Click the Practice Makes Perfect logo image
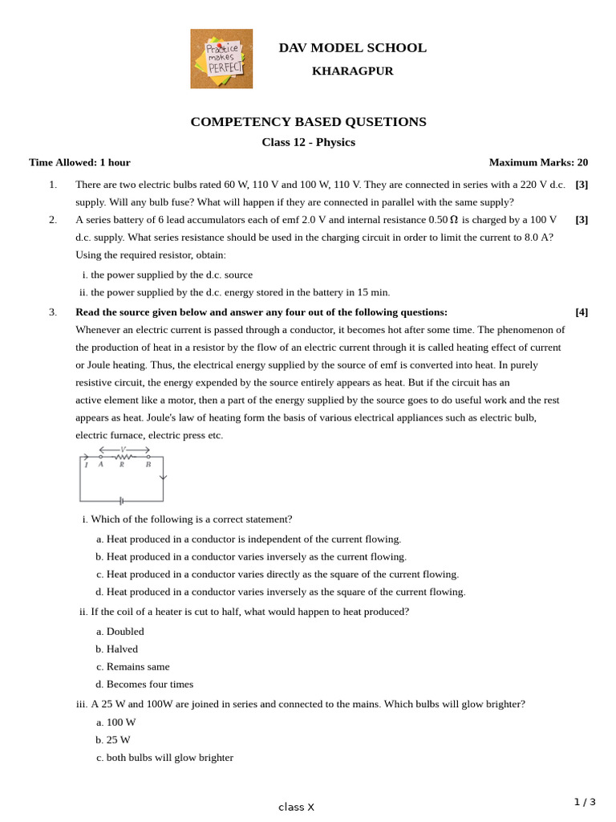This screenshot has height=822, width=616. (x=221, y=59)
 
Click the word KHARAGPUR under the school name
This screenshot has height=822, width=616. (x=352, y=71)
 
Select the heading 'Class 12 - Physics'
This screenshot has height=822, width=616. (x=308, y=142)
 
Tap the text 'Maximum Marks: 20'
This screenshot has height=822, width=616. (x=538, y=162)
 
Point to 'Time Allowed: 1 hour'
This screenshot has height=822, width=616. (x=79, y=162)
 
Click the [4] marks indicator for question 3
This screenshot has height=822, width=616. (x=582, y=312)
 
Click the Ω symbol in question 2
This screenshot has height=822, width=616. (x=454, y=220)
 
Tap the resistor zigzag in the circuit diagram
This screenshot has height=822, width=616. (x=124, y=457)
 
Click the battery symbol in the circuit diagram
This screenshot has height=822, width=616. (x=121, y=501)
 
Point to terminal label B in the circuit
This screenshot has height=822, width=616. (x=148, y=465)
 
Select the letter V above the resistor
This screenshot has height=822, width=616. (x=124, y=450)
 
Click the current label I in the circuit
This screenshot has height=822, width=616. (x=87, y=465)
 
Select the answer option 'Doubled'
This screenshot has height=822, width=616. (x=125, y=632)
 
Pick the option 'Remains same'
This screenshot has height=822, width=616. (x=138, y=667)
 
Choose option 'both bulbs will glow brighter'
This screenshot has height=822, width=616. (x=169, y=758)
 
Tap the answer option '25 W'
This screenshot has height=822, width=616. (x=118, y=740)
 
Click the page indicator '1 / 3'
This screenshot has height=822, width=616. (x=585, y=802)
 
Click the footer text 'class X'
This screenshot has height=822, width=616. (x=296, y=808)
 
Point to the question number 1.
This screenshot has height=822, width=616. (x=53, y=185)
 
